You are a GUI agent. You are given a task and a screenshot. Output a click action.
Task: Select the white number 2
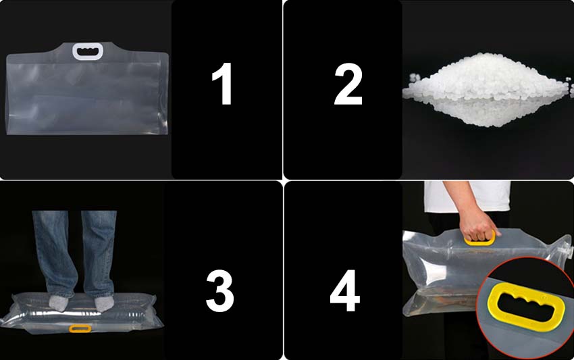coord(348,84)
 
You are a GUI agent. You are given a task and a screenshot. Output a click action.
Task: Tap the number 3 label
coord(220,291)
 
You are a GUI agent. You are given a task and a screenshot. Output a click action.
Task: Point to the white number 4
coord(345,291)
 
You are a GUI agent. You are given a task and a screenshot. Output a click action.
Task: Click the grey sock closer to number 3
coord(104,303)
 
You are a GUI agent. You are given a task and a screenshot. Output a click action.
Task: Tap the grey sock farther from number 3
coord(59,303)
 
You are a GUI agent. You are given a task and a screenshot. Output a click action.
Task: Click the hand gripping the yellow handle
coord(477,226)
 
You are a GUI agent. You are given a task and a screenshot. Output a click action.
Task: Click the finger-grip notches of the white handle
coord(88,48)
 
